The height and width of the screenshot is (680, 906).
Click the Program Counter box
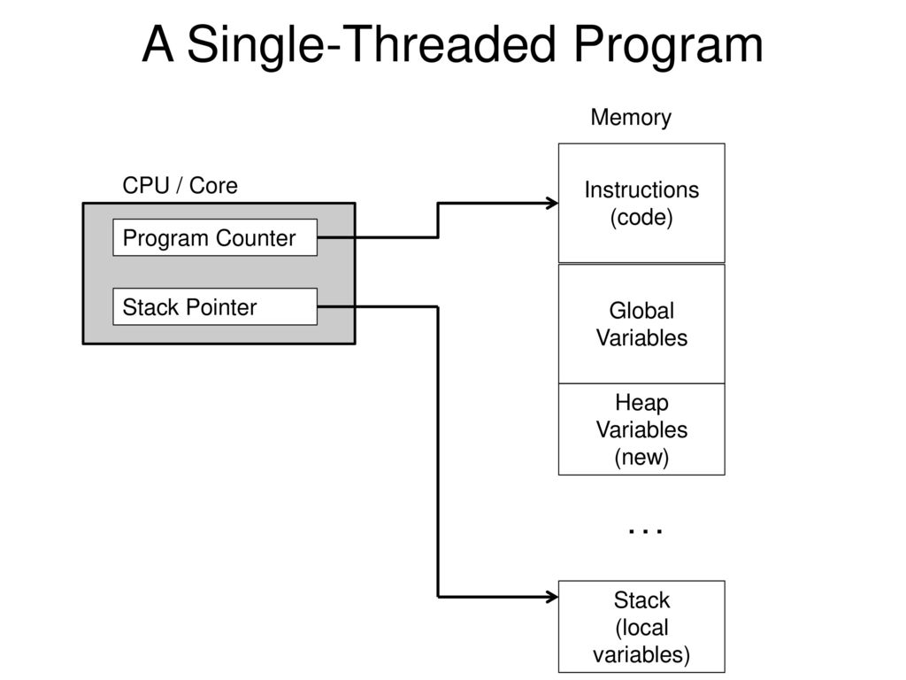click(x=215, y=237)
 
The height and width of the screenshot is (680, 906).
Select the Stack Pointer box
click(x=215, y=306)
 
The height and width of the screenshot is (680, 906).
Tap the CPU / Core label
click(x=180, y=186)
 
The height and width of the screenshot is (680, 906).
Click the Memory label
click(x=631, y=118)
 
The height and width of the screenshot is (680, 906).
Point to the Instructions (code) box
click(x=641, y=203)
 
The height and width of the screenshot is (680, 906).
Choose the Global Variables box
click(x=641, y=323)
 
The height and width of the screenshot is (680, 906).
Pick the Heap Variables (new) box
click(x=641, y=429)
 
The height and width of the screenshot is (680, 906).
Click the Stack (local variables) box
click(x=641, y=627)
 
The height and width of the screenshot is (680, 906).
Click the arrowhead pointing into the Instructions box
click(x=553, y=204)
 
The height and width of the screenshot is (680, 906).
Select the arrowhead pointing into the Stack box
click(x=553, y=597)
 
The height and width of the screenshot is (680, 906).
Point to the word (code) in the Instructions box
click(x=641, y=218)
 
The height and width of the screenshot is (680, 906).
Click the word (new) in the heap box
click(x=641, y=457)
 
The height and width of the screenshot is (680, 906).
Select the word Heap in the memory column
click(x=641, y=403)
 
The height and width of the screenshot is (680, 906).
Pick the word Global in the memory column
click(x=641, y=311)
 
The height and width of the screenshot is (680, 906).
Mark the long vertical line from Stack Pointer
click(x=439, y=452)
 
